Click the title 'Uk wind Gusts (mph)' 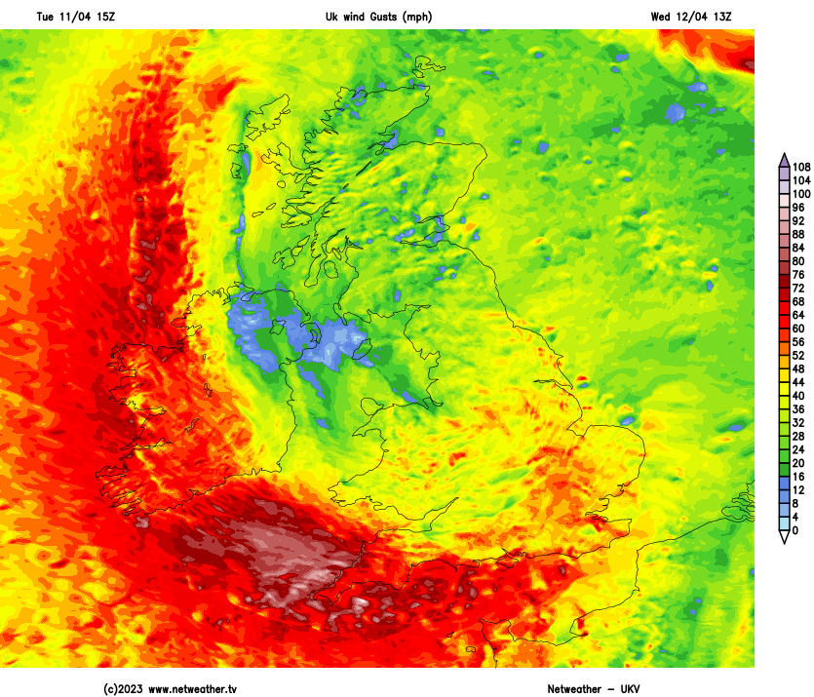coord(378,17)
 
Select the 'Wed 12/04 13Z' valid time coord(690,17)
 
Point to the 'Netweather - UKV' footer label coord(595,689)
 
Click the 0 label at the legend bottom coord(795,531)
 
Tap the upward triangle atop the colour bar coord(784,160)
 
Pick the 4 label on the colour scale coord(795,518)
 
